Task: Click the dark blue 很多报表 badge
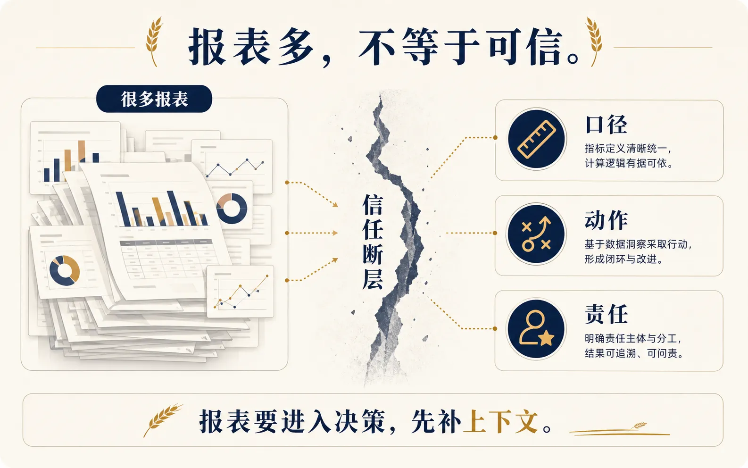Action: pyautogui.click(x=154, y=99)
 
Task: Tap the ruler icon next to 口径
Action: pyautogui.click(x=536, y=139)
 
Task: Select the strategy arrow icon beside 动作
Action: pyautogui.click(x=536, y=234)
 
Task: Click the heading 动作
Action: pyautogui.click(x=606, y=220)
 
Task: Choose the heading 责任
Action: pyautogui.click(x=606, y=314)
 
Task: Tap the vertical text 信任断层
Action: pyautogui.click(x=372, y=242)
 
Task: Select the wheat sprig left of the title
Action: pyautogui.click(x=154, y=41)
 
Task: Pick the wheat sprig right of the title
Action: pyautogui.click(x=594, y=41)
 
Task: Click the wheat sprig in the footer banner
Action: pyautogui.click(x=163, y=419)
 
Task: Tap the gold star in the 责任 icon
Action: pyautogui.click(x=547, y=338)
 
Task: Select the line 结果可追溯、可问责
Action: pyautogui.click(x=633, y=353)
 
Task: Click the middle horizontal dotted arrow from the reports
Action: pyautogui.click(x=312, y=233)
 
